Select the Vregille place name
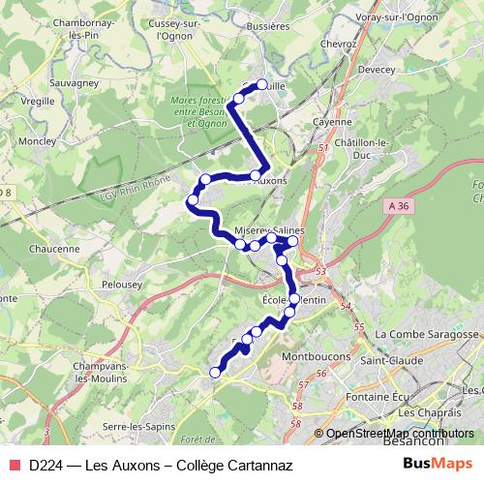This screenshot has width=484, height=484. (39, 101)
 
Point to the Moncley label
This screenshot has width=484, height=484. (36, 140)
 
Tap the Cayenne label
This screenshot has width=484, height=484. (333, 123)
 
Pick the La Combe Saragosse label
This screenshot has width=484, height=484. (428, 334)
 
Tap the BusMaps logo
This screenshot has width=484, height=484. (439, 465)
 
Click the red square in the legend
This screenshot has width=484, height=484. (15, 465)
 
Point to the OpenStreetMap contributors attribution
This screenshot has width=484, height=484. (399, 433)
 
